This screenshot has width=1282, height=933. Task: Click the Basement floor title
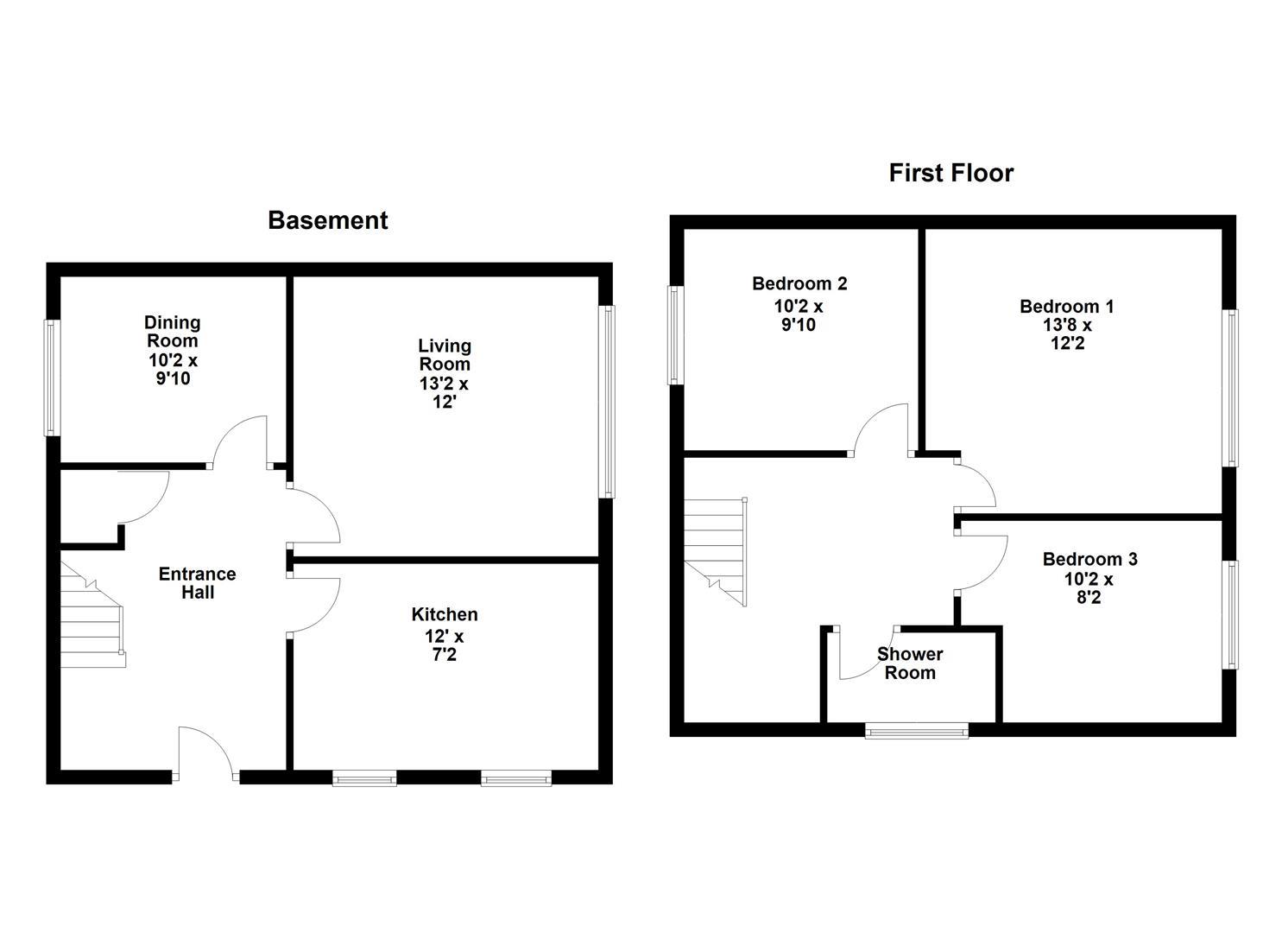click(x=327, y=220)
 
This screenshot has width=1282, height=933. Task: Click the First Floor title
click(x=950, y=173)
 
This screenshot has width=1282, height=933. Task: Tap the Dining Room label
click(x=172, y=331)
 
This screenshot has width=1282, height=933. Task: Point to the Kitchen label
click(x=444, y=614)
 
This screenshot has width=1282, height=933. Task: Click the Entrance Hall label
click(x=197, y=583)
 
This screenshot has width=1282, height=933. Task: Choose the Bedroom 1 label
click(x=1066, y=306)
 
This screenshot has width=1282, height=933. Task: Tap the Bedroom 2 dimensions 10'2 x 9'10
click(x=799, y=315)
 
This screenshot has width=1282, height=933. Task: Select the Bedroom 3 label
click(x=1089, y=559)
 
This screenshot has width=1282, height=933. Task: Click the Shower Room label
click(x=910, y=663)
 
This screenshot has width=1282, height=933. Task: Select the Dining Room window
click(x=53, y=378)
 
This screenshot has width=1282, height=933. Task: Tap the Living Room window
click(x=608, y=402)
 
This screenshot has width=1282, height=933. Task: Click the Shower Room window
click(x=916, y=732)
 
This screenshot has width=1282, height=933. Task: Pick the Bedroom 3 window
click(x=1231, y=614)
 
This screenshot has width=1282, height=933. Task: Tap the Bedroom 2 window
click(x=675, y=334)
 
